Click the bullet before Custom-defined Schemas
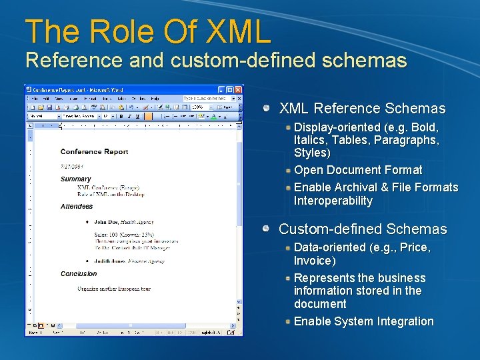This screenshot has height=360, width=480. pyautogui.click(x=267, y=229)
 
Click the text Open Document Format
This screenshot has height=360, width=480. pyautogui.click(x=358, y=170)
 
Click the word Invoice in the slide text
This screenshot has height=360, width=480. pyautogui.click(x=312, y=260)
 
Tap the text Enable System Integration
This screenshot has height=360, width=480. pyautogui.click(x=363, y=321)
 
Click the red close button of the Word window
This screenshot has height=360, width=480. pyautogui.click(x=238, y=90)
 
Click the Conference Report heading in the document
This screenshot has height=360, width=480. pyautogui.click(x=94, y=152)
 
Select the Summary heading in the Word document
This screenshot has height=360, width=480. pyautogui.click(x=75, y=179)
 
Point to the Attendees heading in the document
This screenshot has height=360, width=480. pyautogui.click(x=77, y=207)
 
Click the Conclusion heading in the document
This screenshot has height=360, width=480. pyautogui.click(x=79, y=274)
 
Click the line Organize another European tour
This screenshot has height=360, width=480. pyautogui.click(x=113, y=289)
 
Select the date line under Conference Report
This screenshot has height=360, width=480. pyautogui.click(x=71, y=166)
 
